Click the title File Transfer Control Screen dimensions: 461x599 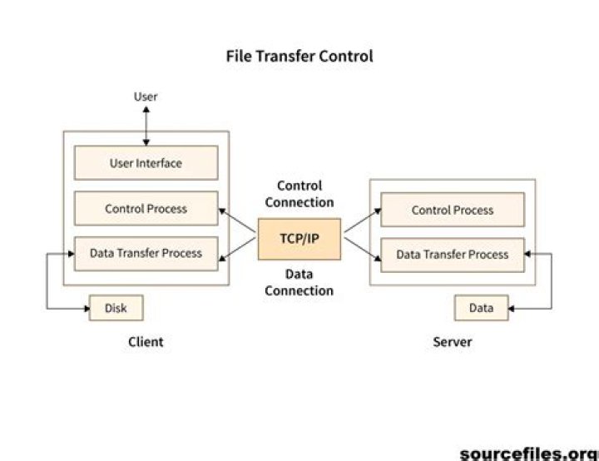299,57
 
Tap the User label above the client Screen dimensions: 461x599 146,97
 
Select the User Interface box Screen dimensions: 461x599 146,163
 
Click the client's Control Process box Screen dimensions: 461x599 146,209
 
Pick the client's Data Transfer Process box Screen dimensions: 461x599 146,253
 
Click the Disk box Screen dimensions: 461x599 116,308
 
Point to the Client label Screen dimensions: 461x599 146,342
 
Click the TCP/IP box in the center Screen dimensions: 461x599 299,239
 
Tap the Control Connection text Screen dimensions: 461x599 299,194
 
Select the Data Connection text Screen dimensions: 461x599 299,283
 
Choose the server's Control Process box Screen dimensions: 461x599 453,211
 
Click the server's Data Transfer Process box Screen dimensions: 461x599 453,254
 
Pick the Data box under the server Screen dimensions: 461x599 481,308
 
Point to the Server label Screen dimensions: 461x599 453,342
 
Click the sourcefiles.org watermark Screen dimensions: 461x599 528,453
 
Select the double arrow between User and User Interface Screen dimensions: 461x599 146,125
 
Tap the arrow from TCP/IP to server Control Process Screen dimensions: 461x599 361,221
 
